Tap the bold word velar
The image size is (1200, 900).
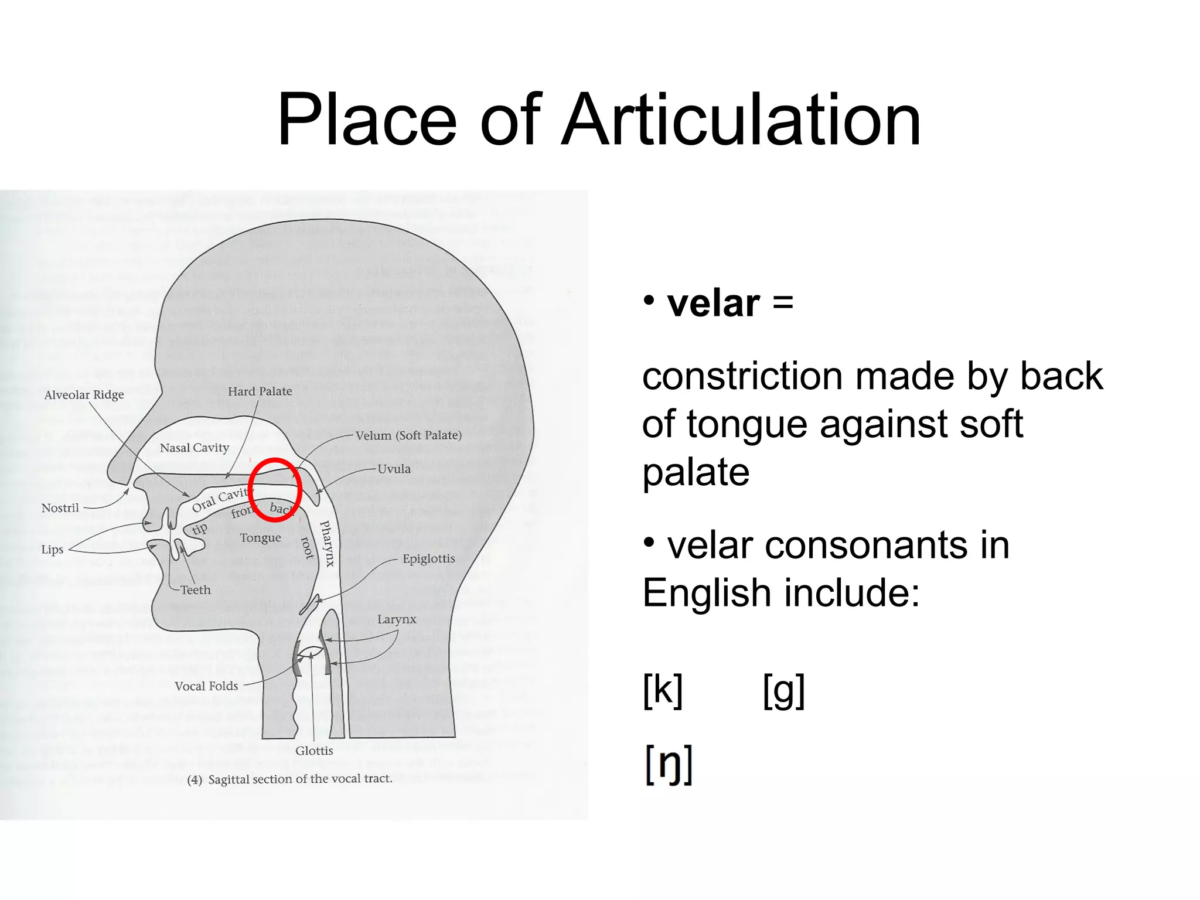[x=713, y=304]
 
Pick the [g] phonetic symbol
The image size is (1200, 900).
[x=783, y=691]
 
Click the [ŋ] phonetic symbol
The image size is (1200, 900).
[x=669, y=764]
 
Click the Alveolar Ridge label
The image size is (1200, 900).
[x=84, y=395]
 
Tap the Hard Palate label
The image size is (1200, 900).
[x=260, y=391]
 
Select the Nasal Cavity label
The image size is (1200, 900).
[x=194, y=448]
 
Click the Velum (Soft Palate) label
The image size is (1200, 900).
[x=408, y=435]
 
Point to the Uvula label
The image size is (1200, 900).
[x=394, y=469]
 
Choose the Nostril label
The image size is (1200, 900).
[x=60, y=508]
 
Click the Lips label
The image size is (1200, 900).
[x=52, y=550]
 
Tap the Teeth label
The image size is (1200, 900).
[x=195, y=590]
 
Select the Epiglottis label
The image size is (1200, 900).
[x=428, y=558]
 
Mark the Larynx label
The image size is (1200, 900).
[x=397, y=619]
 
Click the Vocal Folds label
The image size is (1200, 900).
[x=206, y=686]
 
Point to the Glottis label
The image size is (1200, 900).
[x=314, y=751]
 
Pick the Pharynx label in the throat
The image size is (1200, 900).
[x=328, y=543]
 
